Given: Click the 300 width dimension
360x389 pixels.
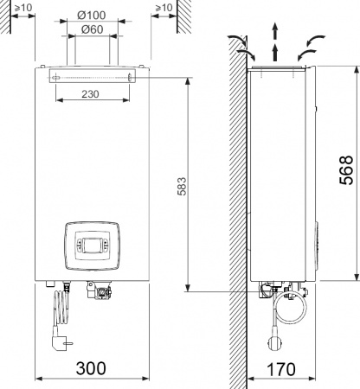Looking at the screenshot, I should (92, 368).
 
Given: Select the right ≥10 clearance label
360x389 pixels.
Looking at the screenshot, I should (162, 9).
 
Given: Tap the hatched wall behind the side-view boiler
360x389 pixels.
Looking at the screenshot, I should (235, 173).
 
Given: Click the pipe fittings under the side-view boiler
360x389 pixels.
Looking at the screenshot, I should (270, 290).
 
